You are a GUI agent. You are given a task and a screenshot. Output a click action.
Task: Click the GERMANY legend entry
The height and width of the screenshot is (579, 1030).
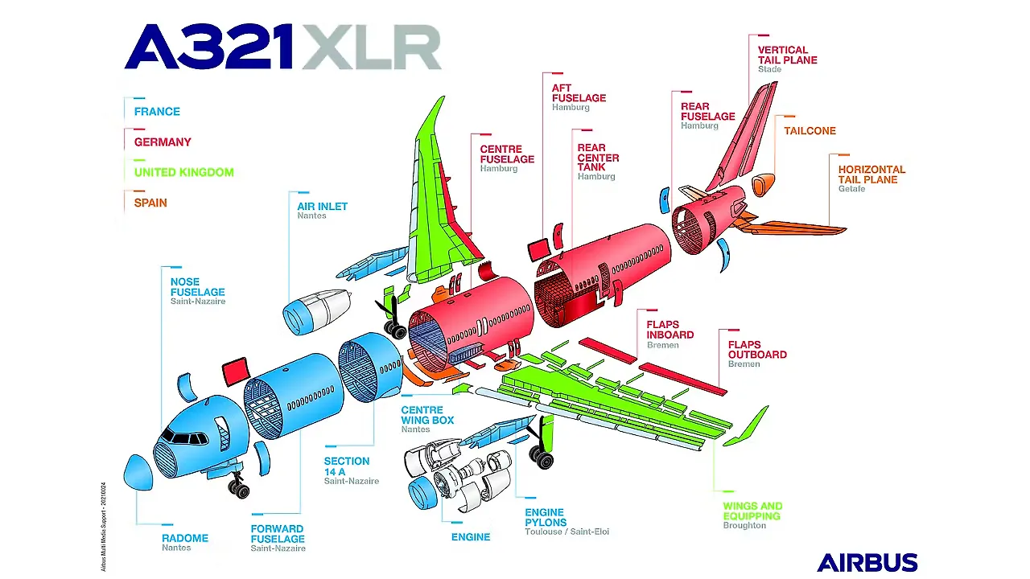pos(163,142)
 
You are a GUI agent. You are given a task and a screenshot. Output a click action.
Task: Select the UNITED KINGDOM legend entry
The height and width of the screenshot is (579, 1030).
pos(183,172)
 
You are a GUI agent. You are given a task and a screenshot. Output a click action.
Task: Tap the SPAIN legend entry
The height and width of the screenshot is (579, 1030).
pos(150,203)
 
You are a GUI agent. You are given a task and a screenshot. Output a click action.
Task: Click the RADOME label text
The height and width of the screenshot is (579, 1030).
pos(184,538)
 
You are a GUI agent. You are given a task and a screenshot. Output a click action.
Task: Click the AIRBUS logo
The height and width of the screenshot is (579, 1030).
pos(867,562)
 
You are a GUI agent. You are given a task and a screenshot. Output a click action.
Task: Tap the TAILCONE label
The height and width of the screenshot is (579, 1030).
pos(810,131)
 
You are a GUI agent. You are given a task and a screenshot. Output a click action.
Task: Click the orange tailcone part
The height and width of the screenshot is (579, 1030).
pos(764,184)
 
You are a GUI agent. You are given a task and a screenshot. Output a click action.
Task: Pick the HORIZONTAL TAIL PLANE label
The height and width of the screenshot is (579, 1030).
pos(871,175)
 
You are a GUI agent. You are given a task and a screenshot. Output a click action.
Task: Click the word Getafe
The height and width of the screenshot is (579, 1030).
pos(851,189)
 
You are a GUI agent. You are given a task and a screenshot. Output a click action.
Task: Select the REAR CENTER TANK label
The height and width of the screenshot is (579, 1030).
pos(598,158)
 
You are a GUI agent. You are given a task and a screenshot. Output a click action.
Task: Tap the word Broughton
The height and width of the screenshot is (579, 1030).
pos(744,525)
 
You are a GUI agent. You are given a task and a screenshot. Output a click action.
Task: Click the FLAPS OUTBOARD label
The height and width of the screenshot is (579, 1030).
pos(756,350)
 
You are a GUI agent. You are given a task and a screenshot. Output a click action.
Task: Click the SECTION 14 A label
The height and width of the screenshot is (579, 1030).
pos(347,466)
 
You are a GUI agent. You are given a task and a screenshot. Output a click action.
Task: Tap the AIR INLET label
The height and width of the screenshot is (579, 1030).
pos(322,207)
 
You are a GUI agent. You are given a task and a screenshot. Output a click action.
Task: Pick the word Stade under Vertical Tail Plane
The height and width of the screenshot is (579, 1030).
pos(769,69)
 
